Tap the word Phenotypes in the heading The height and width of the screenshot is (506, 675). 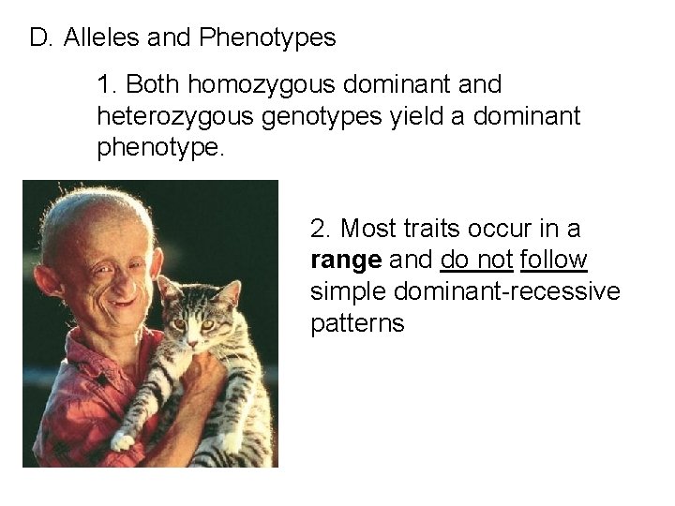(268, 37)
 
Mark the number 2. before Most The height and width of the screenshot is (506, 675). (321, 229)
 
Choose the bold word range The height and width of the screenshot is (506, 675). (345, 260)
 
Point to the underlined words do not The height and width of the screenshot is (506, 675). (476, 260)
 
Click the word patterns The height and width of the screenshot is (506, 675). (357, 324)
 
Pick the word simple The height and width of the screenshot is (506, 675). (349, 292)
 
